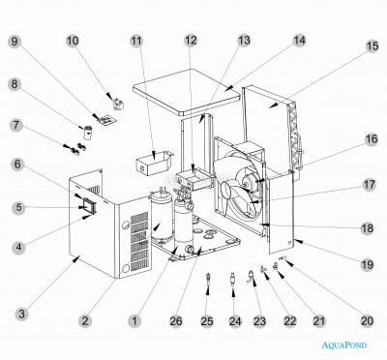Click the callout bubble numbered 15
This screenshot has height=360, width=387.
coord(372,46)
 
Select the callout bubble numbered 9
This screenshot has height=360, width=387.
coord(15,42)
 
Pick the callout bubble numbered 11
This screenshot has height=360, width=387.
coord(136,42)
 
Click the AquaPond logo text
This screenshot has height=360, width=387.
coord(350,342)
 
